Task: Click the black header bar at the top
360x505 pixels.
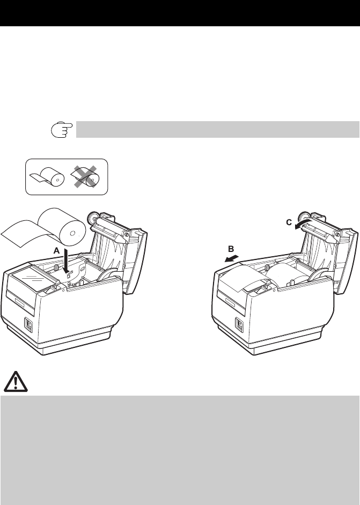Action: tap(180, 13)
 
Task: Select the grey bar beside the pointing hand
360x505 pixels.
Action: tap(217, 129)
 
